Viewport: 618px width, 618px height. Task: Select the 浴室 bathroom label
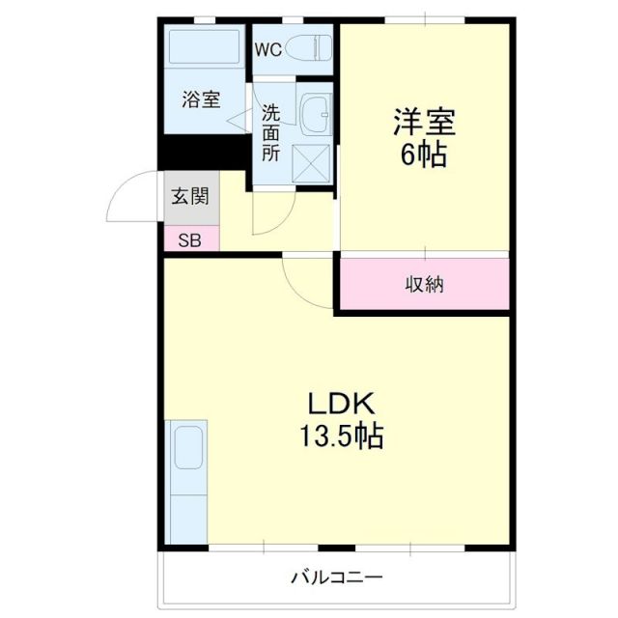click(x=202, y=98)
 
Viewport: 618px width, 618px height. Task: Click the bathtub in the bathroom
click(x=203, y=45)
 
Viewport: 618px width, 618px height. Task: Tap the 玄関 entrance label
click(x=189, y=198)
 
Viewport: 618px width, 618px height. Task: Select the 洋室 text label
click(x=423, y=123)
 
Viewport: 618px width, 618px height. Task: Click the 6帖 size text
click(x=423, y=155)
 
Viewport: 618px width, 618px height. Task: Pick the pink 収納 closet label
click(x=423, y=284)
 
